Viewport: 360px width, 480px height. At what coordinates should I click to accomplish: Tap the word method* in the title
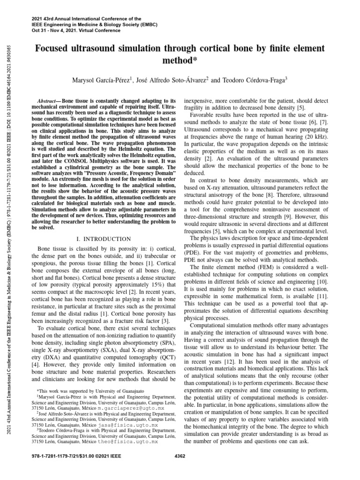pyautogui.click(x=180, y=60)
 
